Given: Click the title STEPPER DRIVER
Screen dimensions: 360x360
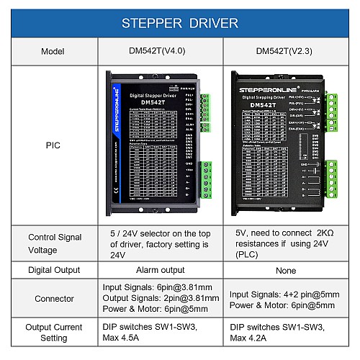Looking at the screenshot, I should (x=180, y=23).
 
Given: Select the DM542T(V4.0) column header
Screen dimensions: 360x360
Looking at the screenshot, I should (x=156, y=52).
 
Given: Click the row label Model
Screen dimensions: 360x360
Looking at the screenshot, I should (x=48, y=52).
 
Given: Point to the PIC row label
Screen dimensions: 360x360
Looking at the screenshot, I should (x=48, y=145).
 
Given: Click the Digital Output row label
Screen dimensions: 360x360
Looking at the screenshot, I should (x=48, y=271).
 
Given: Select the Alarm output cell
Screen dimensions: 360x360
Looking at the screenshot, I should (x=156, y=271).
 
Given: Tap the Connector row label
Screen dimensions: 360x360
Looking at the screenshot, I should (x=48, y=298).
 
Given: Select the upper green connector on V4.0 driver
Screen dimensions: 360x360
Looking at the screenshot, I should (x=206, y=112).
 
